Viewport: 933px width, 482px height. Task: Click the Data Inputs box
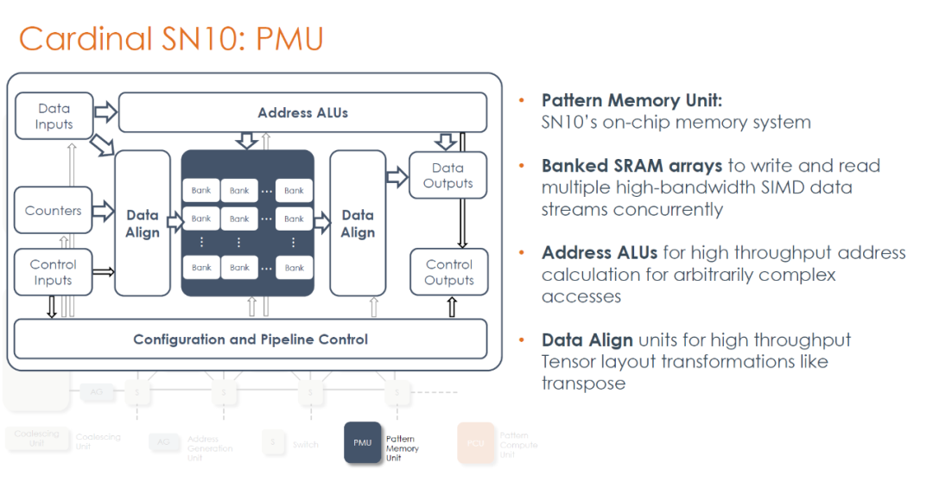(x=54, y=117)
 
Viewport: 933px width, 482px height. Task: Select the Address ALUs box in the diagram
(x=302, y=113)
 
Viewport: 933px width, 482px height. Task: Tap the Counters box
(x=54, y=211)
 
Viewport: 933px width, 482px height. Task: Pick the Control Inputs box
(x=54, y=272)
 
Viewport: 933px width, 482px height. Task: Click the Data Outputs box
(x=447, y=175)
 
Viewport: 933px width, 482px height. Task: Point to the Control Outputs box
(x=449, y=272)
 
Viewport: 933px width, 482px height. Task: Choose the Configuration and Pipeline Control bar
(x=251, y=339)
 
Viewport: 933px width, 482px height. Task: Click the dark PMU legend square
(x=363, y=442)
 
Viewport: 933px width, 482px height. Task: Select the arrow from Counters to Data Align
(x=104, y=210)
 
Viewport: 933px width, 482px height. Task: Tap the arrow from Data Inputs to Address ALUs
(x=105, y=112)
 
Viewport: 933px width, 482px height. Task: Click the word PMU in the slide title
(x=290, y=39)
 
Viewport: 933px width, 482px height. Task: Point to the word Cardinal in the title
(x=83, y=39)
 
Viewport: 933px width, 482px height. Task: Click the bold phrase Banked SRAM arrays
(x=632, y=166)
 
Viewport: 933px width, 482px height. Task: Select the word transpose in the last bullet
(x=583, y=383)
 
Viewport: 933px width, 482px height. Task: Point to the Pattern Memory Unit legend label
(x=403, y=448)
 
